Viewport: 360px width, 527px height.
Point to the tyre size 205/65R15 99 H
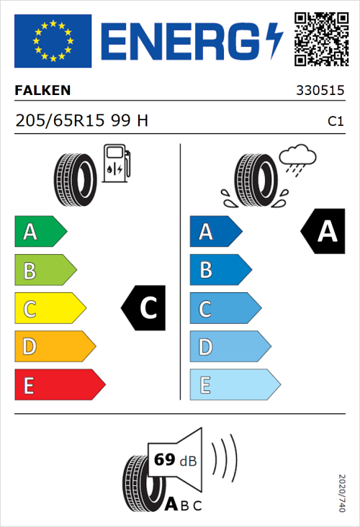tap(81, 121)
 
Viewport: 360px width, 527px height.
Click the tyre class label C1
tap(335, 122)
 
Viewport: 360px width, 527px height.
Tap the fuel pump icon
tap(116, 163)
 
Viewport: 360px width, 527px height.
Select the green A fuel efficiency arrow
tap(40, 232)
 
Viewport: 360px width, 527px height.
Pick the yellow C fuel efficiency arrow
tap(49, 309)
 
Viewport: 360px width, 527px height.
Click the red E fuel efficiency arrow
tap(59, 385)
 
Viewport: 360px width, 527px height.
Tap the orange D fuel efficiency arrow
tap(54, 347)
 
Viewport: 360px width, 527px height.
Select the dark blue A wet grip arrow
tap(215, 232)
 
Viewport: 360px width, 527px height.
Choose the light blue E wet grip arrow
tap(234, 385)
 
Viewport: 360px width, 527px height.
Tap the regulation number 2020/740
tap(342, 492)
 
